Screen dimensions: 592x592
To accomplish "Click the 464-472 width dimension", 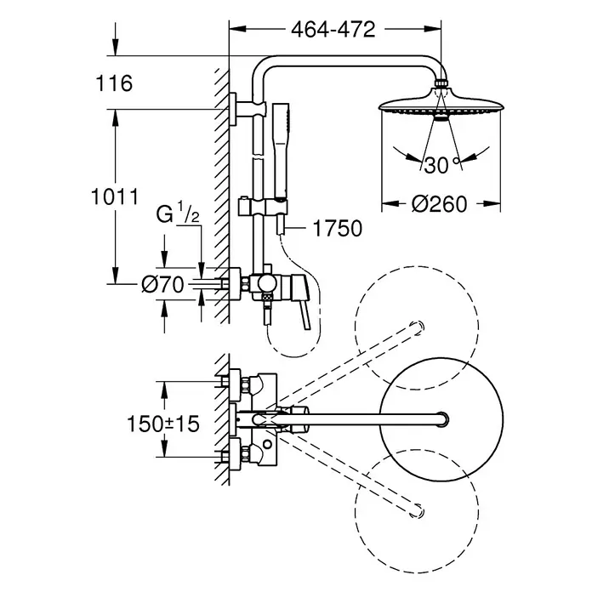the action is tap(333, 30).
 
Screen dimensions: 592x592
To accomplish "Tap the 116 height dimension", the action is tap(114, 83).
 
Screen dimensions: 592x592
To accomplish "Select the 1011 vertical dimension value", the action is tap(115, 196).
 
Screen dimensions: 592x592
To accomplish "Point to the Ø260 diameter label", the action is tap(439, 204).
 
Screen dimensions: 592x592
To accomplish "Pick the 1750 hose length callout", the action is tap(338, 228).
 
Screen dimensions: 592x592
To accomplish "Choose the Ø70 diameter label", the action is tap(162, 285).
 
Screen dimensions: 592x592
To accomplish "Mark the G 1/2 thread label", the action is tap(178, 213).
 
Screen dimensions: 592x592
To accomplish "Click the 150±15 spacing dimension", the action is tap(163, 424).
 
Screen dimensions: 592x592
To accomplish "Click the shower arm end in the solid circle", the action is tap(441, 419).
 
